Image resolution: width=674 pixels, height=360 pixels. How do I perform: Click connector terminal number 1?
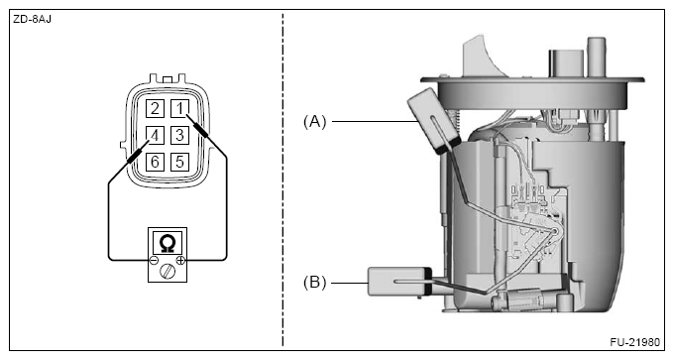179,108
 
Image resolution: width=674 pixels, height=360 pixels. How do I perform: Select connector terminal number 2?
155,108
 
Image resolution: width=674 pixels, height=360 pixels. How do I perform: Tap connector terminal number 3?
179,135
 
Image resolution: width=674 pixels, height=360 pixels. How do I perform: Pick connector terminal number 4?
155,135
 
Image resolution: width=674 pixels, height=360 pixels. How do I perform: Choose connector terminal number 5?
179,162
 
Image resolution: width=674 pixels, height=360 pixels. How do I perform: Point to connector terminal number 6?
155,162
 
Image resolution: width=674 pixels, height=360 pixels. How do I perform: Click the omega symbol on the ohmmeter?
168,243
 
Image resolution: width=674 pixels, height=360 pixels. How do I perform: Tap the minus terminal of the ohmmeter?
154,260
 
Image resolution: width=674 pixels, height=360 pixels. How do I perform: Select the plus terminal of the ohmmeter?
181,260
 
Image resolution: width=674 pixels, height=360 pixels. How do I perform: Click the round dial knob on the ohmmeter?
168,272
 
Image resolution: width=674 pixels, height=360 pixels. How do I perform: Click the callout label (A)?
315,122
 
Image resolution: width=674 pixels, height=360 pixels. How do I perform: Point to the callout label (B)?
315,283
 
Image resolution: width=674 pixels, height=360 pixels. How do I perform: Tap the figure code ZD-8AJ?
33,20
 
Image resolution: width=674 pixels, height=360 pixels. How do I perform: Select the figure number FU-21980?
634,342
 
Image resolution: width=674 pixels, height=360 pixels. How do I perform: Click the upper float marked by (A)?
433,120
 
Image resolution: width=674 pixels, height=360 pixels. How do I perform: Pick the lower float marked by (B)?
399,282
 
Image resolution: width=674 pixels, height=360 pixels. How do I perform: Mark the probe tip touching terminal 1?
187,115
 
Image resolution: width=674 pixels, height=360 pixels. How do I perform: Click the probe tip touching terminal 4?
149,141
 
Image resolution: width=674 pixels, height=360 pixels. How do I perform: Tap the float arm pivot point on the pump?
556,231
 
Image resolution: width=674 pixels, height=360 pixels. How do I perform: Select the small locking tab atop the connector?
168,79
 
